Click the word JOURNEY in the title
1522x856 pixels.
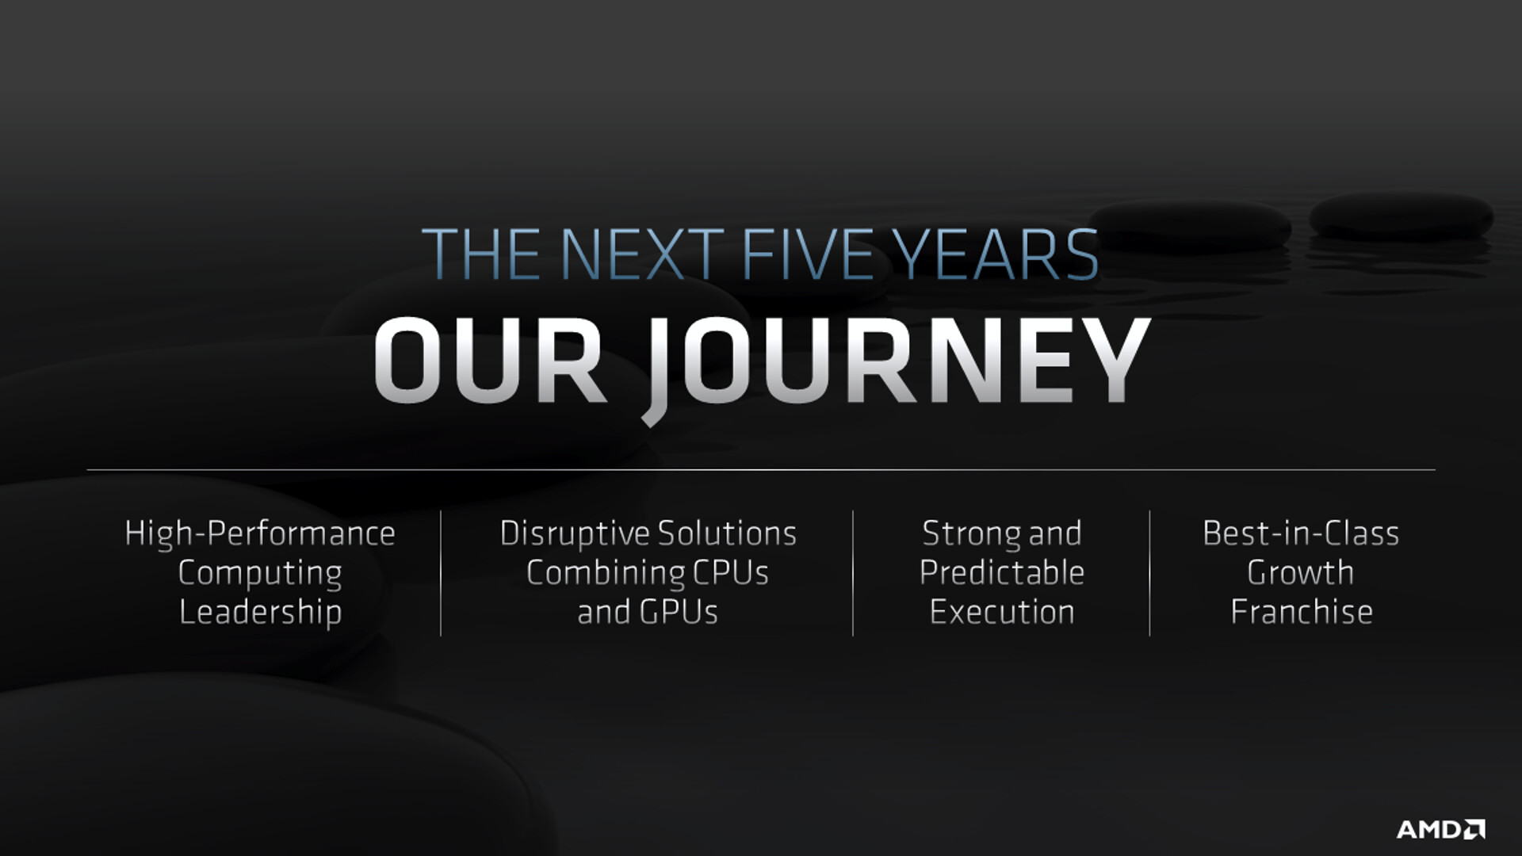click(x=899, y=366)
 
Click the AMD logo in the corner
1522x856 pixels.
click(x=1440, y=829)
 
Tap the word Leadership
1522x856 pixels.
click(x=260, y=612)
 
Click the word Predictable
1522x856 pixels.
click(x=1002, y=572)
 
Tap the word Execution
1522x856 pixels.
click(x=1002, y=611)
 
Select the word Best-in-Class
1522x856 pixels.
click(x=1301, y=533)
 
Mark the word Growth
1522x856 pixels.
click(x=1301, y=572)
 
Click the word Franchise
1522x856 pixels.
click(x=1302, y=611)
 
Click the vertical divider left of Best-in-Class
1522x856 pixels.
click(x=1149, y=573)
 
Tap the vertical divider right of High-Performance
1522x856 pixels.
click(x=441, y=573)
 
